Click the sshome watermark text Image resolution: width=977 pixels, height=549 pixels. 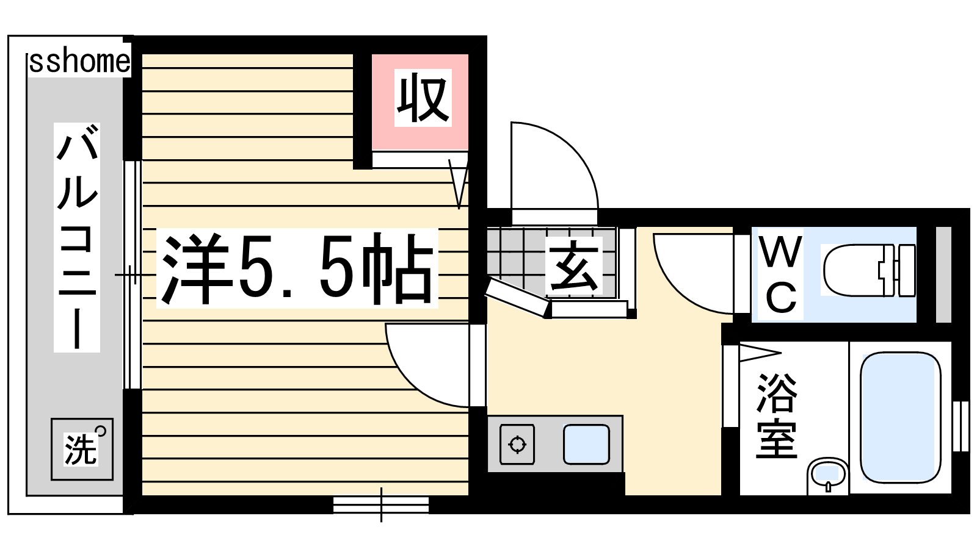pos(79,62)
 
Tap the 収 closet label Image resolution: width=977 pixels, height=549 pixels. pos(423,98)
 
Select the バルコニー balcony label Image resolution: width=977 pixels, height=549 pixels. pos(77,238)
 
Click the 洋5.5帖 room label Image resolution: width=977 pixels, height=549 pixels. pos(297,268)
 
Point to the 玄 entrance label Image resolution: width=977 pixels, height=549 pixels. pos(573,266)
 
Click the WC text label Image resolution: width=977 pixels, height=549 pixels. pos(781,274)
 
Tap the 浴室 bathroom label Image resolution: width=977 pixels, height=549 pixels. pos(776,416)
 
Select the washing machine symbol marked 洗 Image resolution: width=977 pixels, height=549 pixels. pos(82,449)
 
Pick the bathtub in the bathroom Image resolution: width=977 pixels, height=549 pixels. pos(900,417)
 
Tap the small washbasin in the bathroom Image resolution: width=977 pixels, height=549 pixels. pos(827,475)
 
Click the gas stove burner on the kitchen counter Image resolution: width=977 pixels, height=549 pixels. pos(517,445)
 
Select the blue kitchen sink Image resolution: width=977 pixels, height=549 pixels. pos(586,445)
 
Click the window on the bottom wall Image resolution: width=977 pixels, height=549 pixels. pos(381,505)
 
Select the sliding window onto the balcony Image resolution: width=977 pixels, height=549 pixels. pos(132,274)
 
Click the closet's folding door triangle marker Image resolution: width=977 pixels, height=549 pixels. pos(458,184)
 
